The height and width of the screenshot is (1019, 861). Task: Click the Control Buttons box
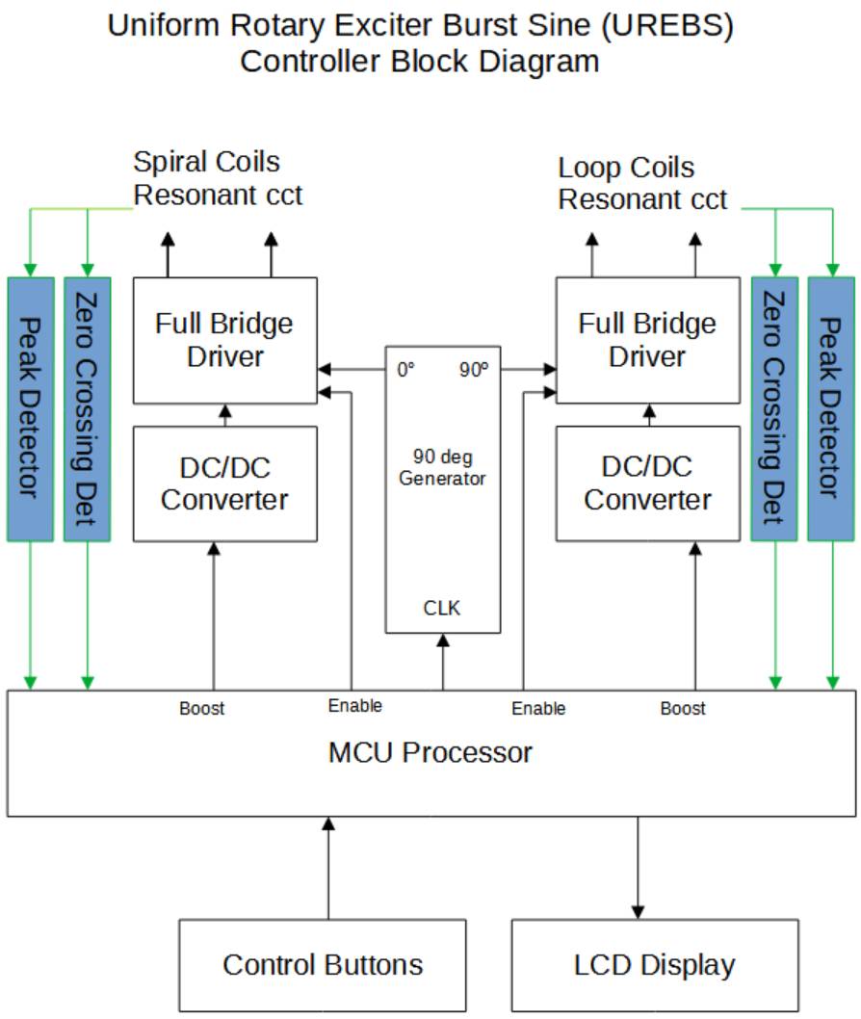(323, 964)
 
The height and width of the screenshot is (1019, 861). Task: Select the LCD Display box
(655, 964)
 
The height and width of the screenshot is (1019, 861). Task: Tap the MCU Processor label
(430, 751)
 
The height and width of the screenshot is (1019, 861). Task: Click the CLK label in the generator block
(442, 608)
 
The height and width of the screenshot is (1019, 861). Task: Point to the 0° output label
(405, 369)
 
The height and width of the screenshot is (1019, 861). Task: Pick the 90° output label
(473, 369)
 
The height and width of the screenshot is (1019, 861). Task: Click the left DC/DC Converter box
(224, 483)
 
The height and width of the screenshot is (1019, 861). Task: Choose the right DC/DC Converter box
(647, 483)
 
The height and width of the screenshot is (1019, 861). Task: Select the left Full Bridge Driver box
(224, 340)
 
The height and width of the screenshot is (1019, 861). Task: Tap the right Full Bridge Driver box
(647, 340)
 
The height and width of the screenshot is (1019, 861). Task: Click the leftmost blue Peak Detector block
(30, 408)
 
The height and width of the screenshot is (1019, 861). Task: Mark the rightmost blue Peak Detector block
(831, 408)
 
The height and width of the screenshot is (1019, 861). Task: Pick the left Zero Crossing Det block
(87, 408)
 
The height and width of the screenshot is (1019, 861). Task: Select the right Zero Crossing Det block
(774, 408)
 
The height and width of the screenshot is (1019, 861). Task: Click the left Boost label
(201, 709)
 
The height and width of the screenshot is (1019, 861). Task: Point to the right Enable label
(538, 709)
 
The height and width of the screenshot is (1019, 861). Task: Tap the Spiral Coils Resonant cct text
(218, 178)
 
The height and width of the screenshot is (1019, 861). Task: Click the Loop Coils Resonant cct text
(642, 184)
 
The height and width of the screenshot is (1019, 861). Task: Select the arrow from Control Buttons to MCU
(328, 867)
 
